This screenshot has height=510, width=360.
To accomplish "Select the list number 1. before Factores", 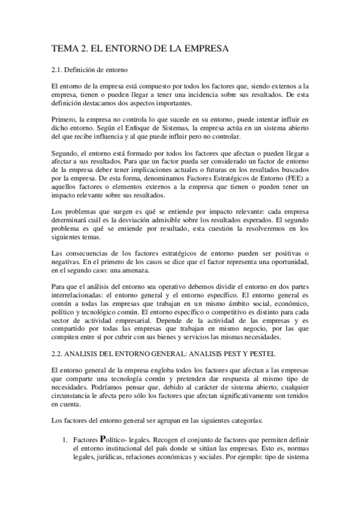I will click(66, 439).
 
